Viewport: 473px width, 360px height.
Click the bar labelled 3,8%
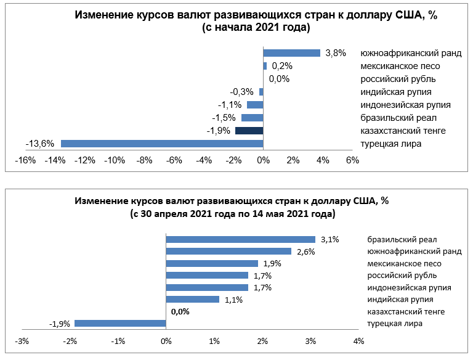click(292, 53)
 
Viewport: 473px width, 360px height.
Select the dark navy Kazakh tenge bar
click(249, 131)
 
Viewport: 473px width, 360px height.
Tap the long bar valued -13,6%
click(162, 144)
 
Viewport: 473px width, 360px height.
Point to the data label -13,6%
click(40, 144)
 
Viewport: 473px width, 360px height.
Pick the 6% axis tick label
click(352, 160)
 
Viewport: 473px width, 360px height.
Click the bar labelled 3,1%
click(241, 239)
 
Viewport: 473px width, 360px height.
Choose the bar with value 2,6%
click(228, 251)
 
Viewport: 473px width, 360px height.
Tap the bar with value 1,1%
click(193, 300)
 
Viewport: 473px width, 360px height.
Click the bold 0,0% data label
click(180, 312)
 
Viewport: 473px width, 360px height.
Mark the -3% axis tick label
click(22, 341)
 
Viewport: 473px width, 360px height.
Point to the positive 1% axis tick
click(214, 341)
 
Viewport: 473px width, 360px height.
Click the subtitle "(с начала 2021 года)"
click(256, 28)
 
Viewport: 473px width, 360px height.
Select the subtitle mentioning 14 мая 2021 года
click(233, 214)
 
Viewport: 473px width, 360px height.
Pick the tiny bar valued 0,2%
click(265, 66)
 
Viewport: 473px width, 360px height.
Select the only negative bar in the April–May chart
click(120, 324)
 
